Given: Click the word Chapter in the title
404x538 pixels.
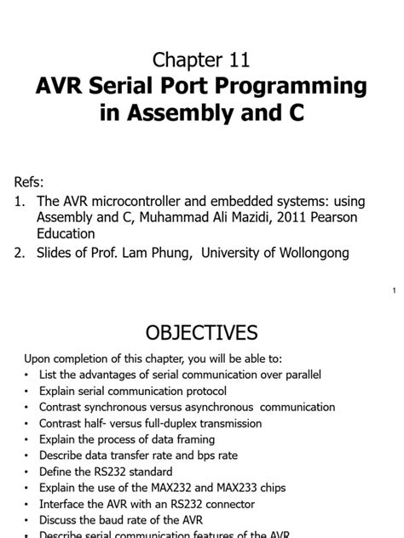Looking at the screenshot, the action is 186,59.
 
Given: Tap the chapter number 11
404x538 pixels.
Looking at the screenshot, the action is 238,59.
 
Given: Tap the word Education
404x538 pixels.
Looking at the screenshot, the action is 66,233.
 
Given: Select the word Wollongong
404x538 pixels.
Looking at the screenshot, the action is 309,253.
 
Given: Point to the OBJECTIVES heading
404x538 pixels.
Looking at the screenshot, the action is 202,332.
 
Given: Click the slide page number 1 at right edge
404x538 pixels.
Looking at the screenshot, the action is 395,292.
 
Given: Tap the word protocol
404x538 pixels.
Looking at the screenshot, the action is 201,391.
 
